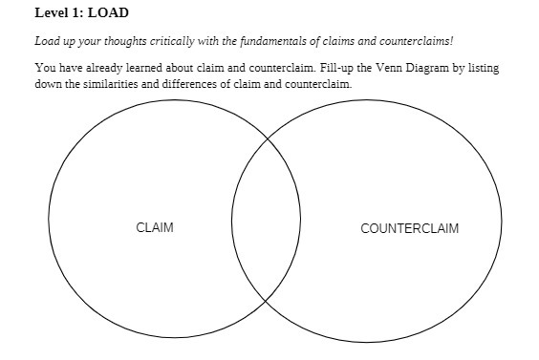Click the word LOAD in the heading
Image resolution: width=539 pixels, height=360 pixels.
109,13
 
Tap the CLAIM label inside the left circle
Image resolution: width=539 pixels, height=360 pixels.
155,228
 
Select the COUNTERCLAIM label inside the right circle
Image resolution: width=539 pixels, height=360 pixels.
409,228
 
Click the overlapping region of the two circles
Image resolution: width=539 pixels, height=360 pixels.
267,220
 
